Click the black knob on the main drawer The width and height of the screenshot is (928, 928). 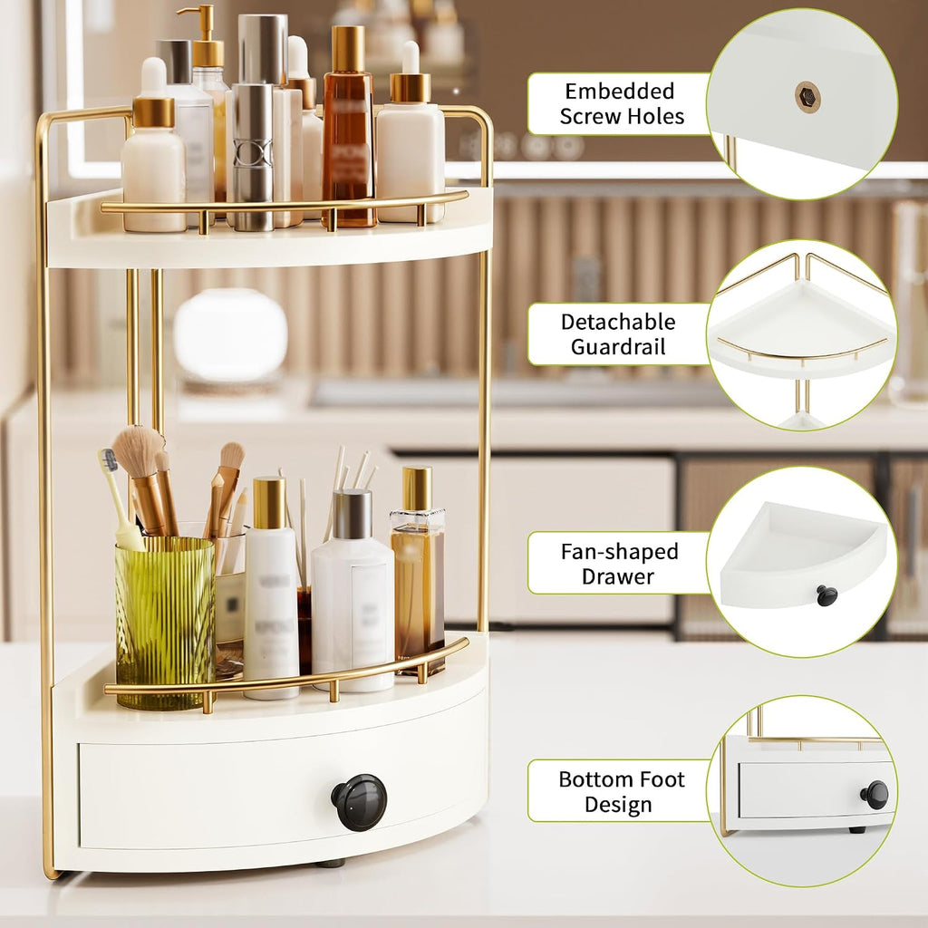click(x=359, y=802)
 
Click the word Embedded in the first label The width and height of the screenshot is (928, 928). click(x=619, y=92)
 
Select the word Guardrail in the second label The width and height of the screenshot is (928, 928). click(x=618, y=346)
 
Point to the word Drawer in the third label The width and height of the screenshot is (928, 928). click(x=618, y=575)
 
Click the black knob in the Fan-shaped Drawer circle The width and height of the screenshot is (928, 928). click(x=826, y=594)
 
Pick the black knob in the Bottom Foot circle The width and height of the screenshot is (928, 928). click(x=875, y=795)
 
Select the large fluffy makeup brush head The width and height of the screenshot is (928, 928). click(x=139, y=452)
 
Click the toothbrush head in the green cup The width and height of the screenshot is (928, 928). click(x=109, y=459)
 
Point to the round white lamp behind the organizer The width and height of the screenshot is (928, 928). click(x=230, y=335)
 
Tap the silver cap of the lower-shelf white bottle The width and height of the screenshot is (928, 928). click(x=353, y=515)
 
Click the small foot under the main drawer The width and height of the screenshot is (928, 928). click(x=330, y=864)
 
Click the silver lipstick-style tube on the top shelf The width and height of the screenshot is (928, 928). click(x=253, y=157)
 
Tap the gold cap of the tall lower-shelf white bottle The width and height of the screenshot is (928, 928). click(x=269, y=503)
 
